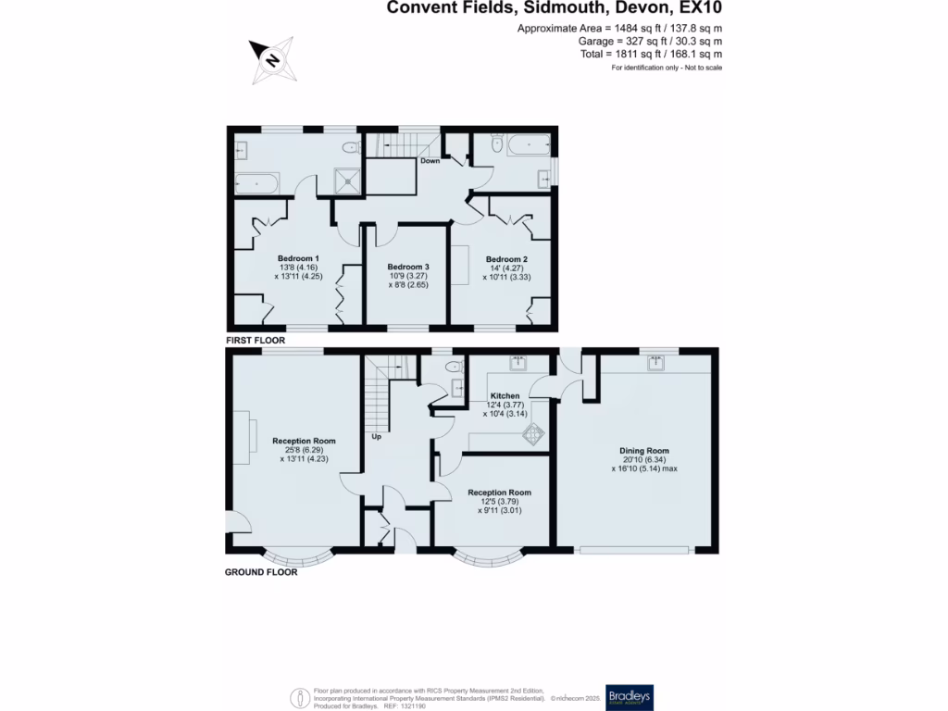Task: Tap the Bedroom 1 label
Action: pos(298,258)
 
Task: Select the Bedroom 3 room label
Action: pos(407,267)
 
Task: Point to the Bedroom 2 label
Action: pos(506,258)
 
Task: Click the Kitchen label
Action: pos(505,396)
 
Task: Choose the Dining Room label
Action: pos(643,451)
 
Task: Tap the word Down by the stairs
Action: pos(430,161)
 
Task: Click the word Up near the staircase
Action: pos(376,435)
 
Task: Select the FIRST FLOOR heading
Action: pos(255,341)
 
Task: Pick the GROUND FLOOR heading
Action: pos(261,572)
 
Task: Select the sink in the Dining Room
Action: pos(656,362)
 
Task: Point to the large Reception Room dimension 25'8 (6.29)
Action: pos(304,450)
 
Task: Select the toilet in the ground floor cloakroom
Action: pos(453,368)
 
